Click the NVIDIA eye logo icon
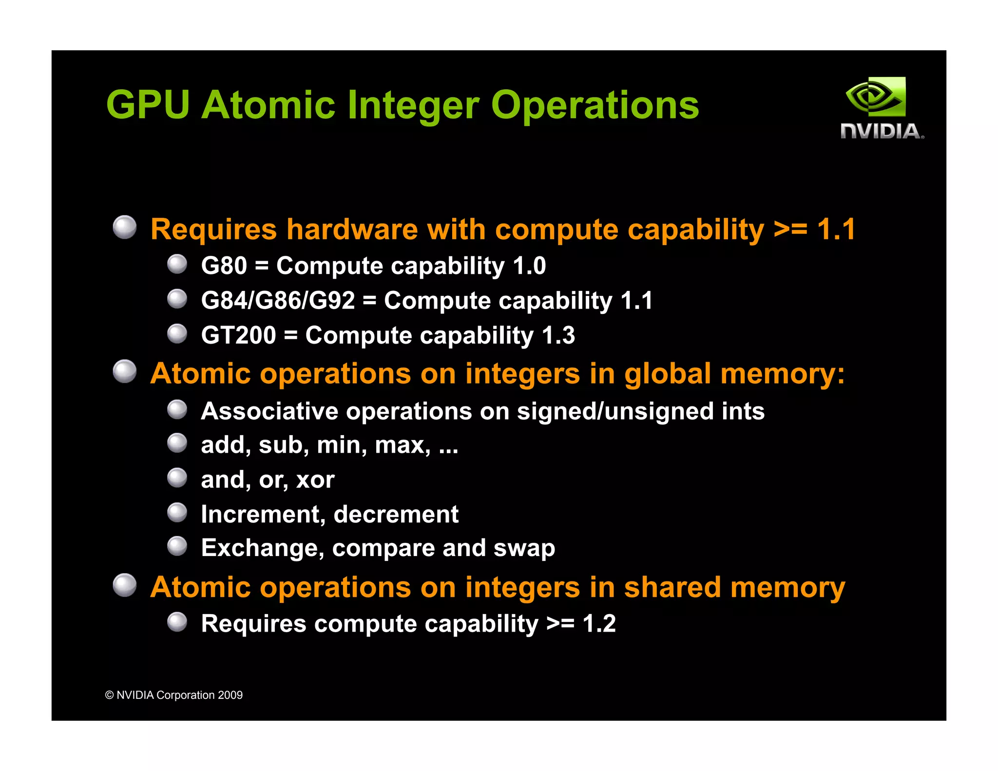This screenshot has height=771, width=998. click(x=876, y=96)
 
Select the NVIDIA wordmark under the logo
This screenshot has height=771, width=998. click(x=882, y=132)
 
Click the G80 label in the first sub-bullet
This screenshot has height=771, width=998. click(x=224, y=266)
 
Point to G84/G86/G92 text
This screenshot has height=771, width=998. click(x=278, y=301)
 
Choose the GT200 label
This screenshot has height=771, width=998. click(x=238, y=335)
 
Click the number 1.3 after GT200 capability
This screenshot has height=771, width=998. click(x=558, y=335)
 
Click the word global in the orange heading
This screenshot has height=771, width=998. click(x=667, y=374)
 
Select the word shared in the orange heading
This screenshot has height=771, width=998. click(x=672, y=587)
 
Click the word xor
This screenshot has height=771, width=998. click(x=315, y=480)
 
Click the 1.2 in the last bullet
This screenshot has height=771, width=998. click(x=599, y=624)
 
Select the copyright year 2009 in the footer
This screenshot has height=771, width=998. click(x=230, y=695)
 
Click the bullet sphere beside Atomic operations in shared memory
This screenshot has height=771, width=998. click(x=125, y=585)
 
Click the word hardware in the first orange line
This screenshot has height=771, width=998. click(x=352, y=230)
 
